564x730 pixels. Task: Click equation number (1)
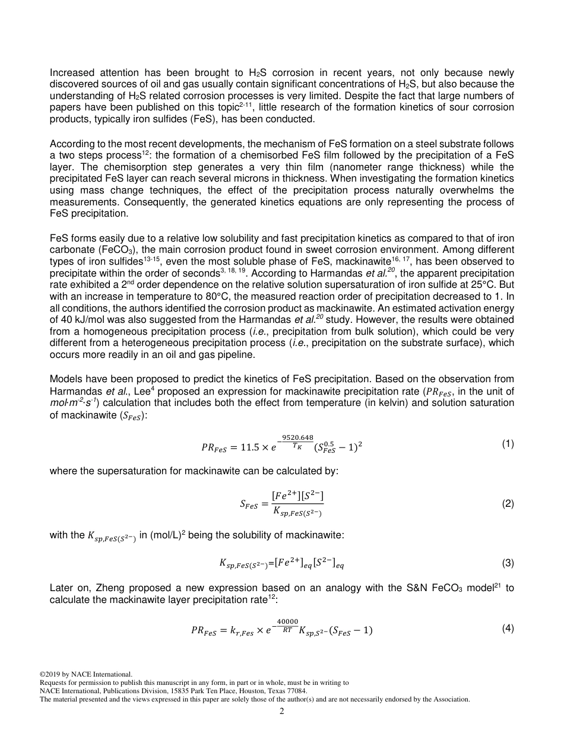click(508, 443)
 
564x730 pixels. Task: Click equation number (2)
click(508, 504)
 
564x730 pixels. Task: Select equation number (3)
click(508, 563)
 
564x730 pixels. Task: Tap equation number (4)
click(508, 628)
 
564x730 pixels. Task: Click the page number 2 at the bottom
click(282, 711)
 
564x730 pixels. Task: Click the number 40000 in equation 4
click(287, 621)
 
